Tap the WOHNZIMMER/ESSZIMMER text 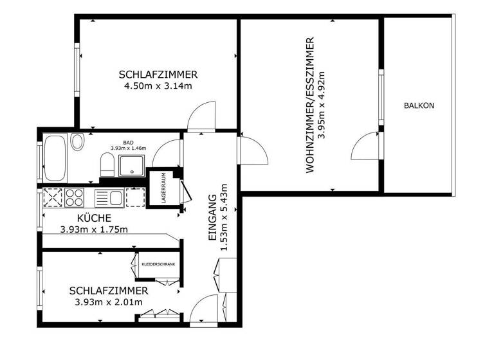[x=310, y=105]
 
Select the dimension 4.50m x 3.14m [x=158, y=85]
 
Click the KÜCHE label [x=94, y=217]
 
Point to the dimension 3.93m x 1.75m [x=94, y=230]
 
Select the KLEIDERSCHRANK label [x=158, y=264]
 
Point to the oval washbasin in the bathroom [x=77, y=141]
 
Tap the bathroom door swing [x=169, y=152]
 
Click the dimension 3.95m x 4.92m [x=322, y=105]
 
